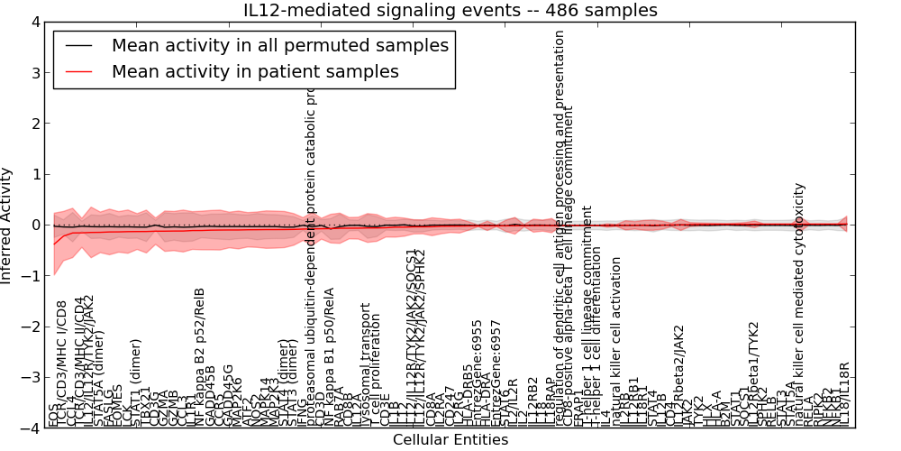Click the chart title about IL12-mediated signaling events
(450, 11)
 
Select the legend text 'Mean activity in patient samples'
(255, 71)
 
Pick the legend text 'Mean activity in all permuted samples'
(279, 45)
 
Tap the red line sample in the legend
(77, 71)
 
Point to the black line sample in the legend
(77, 45)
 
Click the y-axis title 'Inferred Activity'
(7, 225)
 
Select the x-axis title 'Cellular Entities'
(450, 440)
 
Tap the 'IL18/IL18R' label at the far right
(844, 394)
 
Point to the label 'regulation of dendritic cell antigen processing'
(560, 225)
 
